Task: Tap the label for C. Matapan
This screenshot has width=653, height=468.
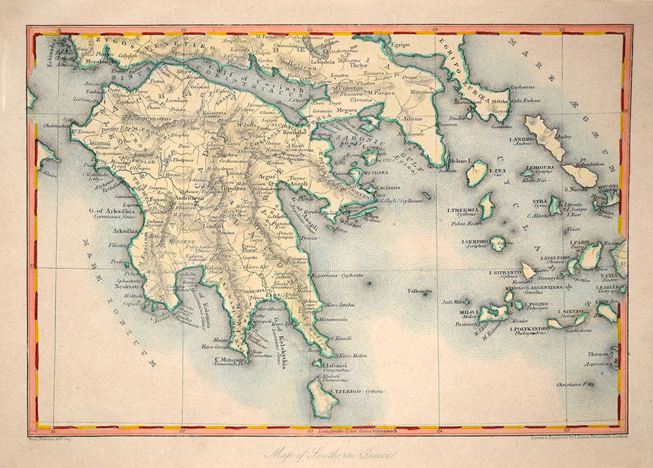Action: (230, 358)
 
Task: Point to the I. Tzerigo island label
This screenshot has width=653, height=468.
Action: (345, 391)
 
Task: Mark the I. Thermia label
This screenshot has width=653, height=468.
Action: (463, 210)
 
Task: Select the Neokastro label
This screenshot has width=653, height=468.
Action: (127, 286)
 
